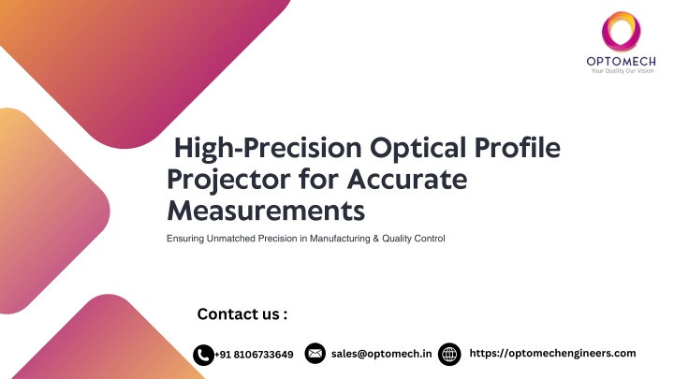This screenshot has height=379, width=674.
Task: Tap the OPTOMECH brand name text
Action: point(622,62)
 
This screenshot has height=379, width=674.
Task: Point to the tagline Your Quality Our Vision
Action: point(622,71)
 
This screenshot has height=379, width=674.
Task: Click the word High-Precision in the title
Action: point(268,148)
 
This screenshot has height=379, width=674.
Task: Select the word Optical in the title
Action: point(418,148)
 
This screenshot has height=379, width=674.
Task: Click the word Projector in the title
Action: point(228,180)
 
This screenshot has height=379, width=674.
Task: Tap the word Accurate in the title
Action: point(407,179)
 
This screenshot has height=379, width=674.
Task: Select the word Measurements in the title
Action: point(266,211)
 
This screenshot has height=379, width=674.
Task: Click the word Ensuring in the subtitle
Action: point(185,239)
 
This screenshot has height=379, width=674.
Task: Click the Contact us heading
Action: point(242,314)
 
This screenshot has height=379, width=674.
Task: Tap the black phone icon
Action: point(203,355)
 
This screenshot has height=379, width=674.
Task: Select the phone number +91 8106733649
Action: point(254,355)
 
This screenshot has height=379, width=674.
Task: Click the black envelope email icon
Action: point(315,353)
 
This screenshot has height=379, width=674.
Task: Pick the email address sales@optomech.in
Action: point(382,354)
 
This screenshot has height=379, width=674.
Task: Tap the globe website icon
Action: point(449,354)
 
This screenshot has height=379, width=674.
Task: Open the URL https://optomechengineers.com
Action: point(553,353)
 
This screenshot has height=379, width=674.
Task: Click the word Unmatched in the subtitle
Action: point(231,239)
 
